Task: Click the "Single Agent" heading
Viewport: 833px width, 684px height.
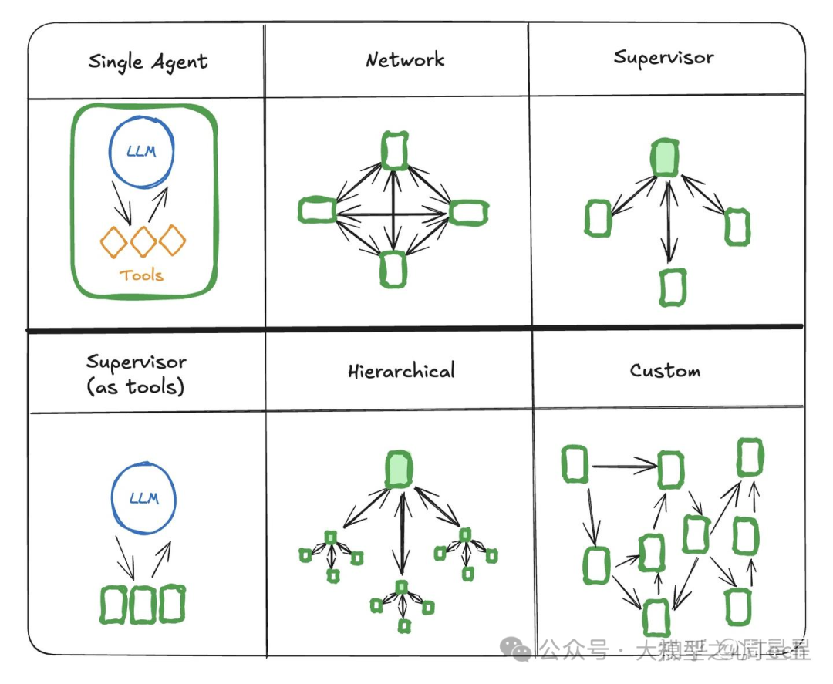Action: pos(147,62)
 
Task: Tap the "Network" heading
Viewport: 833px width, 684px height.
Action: pos(405,59)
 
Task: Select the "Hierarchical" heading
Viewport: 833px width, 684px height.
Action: pos(401,371)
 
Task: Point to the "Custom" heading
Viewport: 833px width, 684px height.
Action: pos(665,370)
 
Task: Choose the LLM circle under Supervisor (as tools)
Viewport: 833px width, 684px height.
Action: pos(144,498)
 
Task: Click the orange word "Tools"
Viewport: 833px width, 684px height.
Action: pos(142,275)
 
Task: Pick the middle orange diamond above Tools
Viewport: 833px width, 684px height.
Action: pos(143,241)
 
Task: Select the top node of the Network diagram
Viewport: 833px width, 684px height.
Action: pos(394,150)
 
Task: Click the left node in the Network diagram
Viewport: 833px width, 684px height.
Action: pos(316,210)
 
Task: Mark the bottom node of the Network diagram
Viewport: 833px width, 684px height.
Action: pos(394,269)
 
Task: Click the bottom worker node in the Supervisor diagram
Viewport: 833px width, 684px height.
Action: pos(673,287)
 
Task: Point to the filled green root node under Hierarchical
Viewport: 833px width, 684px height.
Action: pos(400,469)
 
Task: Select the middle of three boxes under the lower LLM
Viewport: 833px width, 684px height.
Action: pos(143,605)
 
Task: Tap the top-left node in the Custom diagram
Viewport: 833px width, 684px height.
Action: pos(575,464)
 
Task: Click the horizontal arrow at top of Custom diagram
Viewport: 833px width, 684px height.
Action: pos(622,465)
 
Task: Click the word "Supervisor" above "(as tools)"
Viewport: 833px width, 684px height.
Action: pos(137,362)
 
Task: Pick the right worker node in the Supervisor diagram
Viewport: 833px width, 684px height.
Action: pos(737,227)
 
